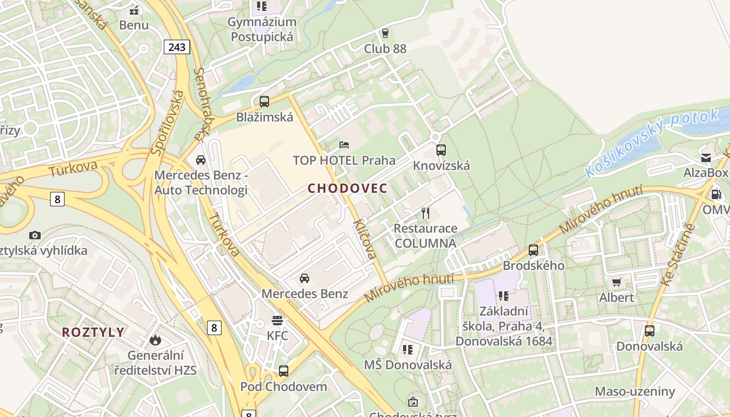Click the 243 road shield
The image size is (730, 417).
[177, 47]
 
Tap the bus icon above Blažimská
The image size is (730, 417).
[264, 101]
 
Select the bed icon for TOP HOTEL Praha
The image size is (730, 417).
[344, 144]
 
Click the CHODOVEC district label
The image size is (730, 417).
[347, 188]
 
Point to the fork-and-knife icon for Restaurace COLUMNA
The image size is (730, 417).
[425, 213]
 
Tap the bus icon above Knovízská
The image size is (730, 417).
[441, 150]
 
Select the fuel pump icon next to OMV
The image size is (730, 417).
[717, 194]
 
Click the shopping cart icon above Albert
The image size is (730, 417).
[617, 282]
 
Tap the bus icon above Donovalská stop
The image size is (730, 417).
[649, 330]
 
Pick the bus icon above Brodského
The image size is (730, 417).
[533, 250]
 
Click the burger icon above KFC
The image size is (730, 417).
[277, 320]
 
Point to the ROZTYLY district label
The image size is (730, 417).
[93, 332]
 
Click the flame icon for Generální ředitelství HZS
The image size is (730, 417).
[155, 340]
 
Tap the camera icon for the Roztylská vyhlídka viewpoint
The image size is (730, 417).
[35, 235]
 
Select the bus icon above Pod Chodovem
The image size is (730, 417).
[283, 371]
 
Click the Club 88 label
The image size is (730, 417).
[385, 48]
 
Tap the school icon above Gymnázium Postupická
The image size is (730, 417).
[262, 6]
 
